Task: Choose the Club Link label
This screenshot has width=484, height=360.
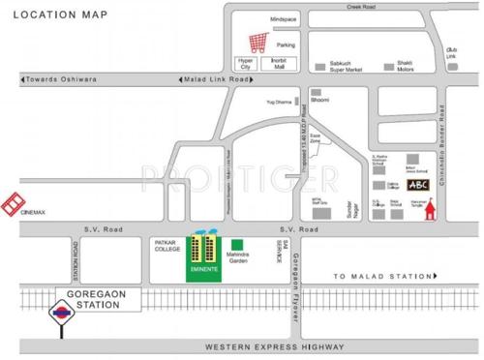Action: point(451,52)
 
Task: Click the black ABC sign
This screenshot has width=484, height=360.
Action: point(418,185)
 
